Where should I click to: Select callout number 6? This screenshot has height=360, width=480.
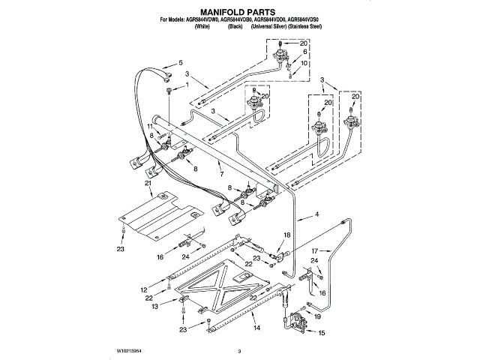pos(304,54)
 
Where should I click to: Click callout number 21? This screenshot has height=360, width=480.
pos(148,183)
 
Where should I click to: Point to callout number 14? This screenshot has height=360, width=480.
pos(256,328)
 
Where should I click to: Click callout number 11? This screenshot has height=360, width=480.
pos(149,127)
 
